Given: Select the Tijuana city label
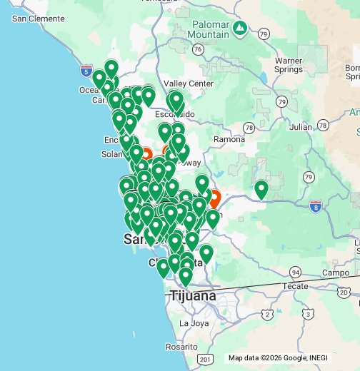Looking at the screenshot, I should tap(192, 295).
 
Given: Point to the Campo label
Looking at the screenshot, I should tap(334, 273).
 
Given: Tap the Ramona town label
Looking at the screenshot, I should tap(229, 139).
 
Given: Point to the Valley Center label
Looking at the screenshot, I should tap(189, 83).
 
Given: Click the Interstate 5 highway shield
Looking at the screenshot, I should tap(86, 72).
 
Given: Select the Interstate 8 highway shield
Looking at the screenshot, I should tap(315, 206).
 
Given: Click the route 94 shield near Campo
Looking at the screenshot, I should tap(296, 271).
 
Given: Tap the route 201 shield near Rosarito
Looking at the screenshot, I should tap(206, 358).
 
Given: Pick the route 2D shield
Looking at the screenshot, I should tap(344, 293).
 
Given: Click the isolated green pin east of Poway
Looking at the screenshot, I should tap(261, 189).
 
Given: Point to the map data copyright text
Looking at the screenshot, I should tap(291, 358).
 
